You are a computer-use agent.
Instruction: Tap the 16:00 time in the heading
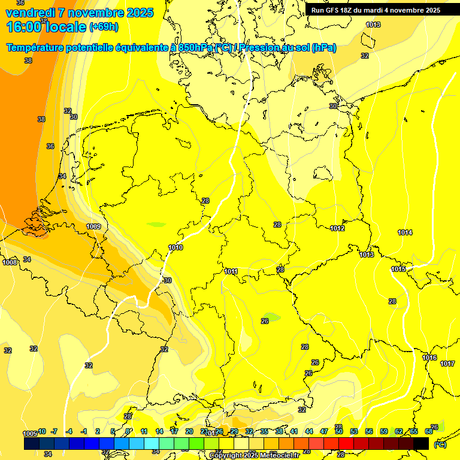(25, 27)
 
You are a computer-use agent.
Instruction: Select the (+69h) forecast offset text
(104, 27)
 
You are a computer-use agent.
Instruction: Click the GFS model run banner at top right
(376, 10)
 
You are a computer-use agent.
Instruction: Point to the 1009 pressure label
(93, 226)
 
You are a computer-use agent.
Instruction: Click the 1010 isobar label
(175, 247)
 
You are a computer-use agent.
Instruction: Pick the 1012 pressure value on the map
(337, 228)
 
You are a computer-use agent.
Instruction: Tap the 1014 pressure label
(405, 232)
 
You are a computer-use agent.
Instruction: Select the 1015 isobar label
(398, 270)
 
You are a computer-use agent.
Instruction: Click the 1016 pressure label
(429, 358)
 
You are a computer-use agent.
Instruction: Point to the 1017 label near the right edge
(447, 364)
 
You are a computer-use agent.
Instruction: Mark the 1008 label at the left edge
(10, 262)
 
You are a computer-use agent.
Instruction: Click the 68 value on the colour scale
(429, 431)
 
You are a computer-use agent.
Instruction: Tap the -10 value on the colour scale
(41, 431)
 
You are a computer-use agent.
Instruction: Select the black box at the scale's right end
(421, 443)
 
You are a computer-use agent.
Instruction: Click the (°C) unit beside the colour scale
(439, 444)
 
